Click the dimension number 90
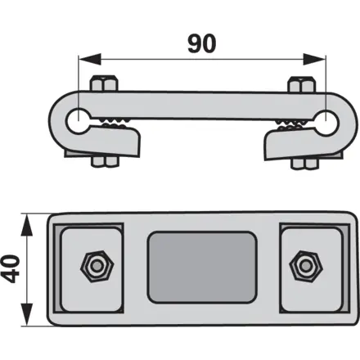click(x=202, y=43)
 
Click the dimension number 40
click(x=12, y=268)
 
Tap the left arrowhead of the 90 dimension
click(x=89, y=59)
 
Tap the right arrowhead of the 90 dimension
click(x=314, y=59)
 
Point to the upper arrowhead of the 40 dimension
click(x=27, y=225)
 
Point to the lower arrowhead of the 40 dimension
click(x=27, y=314)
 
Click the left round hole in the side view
click(x=79, y=121)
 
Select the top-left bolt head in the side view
click(x=104, y=83)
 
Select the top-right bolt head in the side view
click(x=303, y=84)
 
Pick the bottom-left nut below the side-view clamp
click(x=106, y=161)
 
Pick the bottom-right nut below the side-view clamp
click(x=305, y=163)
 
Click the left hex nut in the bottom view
click(x=97, y=266)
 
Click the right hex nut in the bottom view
click(x=306, y=266)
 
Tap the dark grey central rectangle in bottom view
click(x=202, y=268)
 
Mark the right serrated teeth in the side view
click(x=292, y=124)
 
